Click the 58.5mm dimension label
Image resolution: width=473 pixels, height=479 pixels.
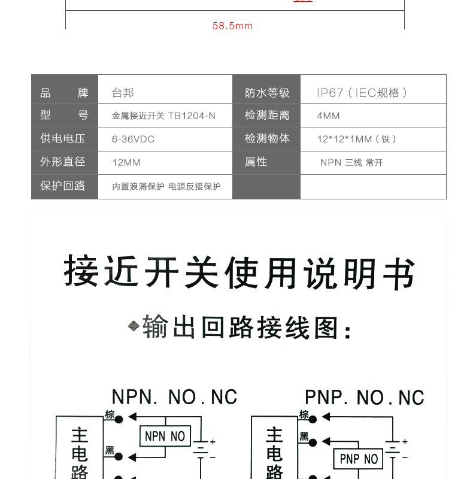pos(232,26)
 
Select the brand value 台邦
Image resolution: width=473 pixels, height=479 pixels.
pos(123,93)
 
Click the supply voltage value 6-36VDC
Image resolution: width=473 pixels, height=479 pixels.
pos(134,140)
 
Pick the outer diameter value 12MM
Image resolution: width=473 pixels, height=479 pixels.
pos(126,162)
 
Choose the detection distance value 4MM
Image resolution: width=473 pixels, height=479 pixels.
pos(328,116)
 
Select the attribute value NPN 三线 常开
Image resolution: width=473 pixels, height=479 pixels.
pos(351,162)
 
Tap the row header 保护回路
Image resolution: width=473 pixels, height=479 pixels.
pos(63,186)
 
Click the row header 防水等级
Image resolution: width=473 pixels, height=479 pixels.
pos(267,93)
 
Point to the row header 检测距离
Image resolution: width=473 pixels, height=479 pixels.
pos(267,115)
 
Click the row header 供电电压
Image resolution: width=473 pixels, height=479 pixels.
pos(63,138)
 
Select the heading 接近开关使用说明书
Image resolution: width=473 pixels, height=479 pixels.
pos(239,272)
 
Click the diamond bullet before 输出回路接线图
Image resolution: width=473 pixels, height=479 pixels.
pos(134,326)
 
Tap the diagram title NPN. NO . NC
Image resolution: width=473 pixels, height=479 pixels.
pos(174,397)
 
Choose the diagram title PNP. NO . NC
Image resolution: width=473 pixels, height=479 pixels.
pos(365,397)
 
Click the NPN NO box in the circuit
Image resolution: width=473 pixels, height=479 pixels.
pos(165,436)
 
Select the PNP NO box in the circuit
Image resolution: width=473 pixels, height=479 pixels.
pos(358,459)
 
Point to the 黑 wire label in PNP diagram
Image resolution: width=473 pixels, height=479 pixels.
pos(304,437)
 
